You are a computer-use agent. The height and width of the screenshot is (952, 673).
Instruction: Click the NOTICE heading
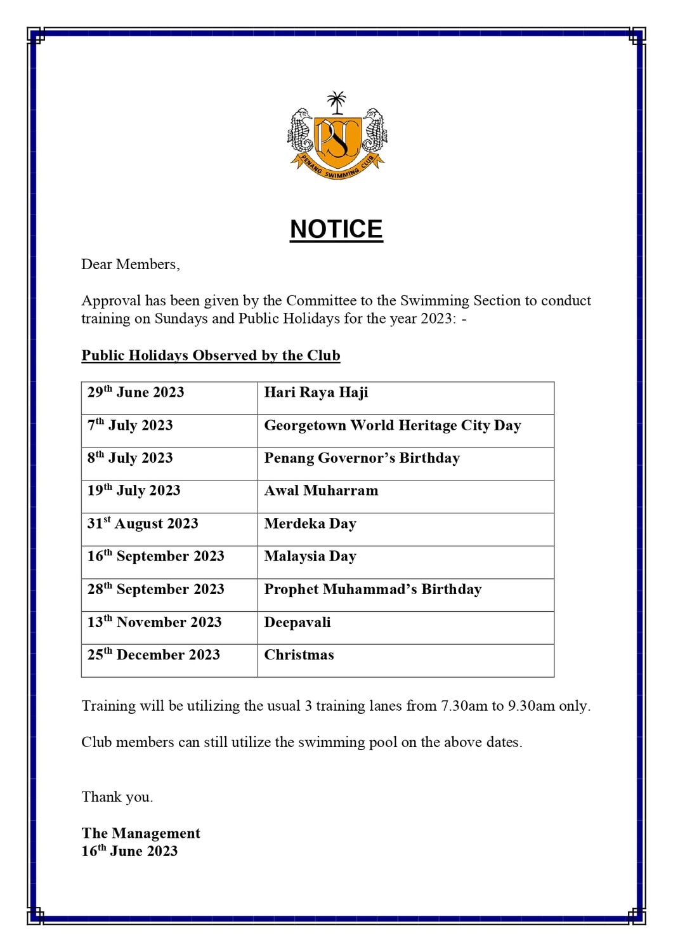[x=336, y=229]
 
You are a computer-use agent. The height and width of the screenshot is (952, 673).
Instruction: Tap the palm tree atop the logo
[x=336, y=102]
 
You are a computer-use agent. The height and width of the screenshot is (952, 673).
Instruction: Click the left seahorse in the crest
[x=299, y=135]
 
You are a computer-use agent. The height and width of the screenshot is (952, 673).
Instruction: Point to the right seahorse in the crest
[x=374, y=135]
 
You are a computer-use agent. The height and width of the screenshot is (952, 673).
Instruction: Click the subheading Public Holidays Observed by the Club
[x=211, y=355]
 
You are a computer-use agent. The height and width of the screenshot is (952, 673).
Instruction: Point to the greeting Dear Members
[x=130, y=265]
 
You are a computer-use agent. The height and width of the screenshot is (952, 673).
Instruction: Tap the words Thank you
[x=117, y=797]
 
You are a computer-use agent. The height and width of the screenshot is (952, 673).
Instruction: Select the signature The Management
[x=141, y=833]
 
